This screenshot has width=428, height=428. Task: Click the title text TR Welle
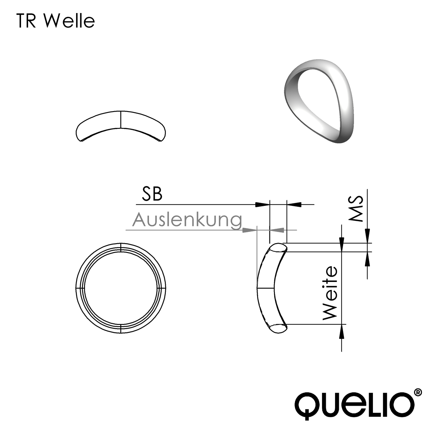(x=56, y=21)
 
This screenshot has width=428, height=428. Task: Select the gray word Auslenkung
(x=187, y=220)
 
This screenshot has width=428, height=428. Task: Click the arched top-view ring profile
(x=121, y=126)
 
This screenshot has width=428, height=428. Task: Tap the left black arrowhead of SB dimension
(x=262, y=204)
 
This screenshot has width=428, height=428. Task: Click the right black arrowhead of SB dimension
(x=294, y=204)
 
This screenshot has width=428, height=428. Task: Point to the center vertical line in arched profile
(x=121, y=120)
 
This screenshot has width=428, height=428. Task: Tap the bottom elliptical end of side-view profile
(x=278, y=328)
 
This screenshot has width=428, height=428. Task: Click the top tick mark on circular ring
(x=121, y=247)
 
